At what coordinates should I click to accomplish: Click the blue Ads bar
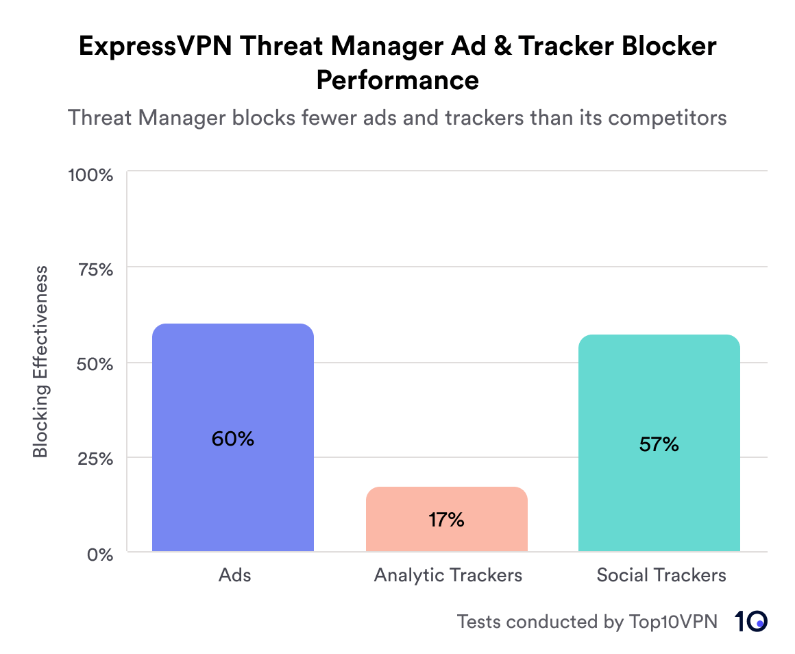[x=232, y=384]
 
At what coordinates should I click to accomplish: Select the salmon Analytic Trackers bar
[x=446, y=500]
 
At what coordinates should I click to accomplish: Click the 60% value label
[x=232, y=439]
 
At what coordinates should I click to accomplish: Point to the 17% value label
[x=446, y=520]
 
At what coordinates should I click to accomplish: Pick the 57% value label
[x=659, y=444]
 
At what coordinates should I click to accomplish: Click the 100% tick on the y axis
[x=90, y=175]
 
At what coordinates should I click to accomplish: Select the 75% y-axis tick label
[x=93, y=269]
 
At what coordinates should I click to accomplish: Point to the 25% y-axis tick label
[x=93, y=459]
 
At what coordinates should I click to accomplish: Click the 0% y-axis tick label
[x=99, y=554]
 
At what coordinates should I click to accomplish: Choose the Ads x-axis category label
[x=234, y=574]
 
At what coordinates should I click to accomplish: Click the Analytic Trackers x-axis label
[x=448, y=574]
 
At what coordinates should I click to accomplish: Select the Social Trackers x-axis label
[x=661, y=574]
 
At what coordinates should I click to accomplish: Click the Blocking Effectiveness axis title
[x=41, y=362]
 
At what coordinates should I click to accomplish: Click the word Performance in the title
[x=397, y=80]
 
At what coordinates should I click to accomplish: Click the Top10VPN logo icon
[x=751, y=621]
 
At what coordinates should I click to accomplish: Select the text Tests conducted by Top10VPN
[x=587, y=622]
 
